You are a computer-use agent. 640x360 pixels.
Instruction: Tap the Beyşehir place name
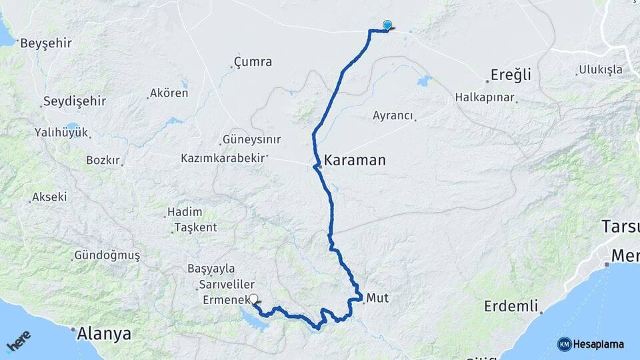point(46,43)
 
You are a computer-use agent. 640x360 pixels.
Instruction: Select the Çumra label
point(253,62)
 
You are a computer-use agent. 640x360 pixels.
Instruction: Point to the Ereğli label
point(511,74)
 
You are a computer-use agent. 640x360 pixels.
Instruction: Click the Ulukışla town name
point(600,69)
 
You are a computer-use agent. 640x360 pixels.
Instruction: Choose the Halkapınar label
point(485,97)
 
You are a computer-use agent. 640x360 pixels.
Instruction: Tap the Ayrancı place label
point(393,115)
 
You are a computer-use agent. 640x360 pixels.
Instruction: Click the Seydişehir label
point(75,101)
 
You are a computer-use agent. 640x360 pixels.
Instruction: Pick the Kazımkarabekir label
point(223,159)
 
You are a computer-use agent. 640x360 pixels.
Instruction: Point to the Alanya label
point(104,333)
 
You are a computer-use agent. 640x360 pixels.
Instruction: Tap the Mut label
point(377,298)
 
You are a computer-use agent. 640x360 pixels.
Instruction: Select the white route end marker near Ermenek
point(253,300)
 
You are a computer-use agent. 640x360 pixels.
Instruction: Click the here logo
point(19,341)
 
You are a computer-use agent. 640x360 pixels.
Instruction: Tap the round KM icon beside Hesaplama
point(564,344)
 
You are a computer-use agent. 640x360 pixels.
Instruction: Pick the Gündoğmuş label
point(107,255)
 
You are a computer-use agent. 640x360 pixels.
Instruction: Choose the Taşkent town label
point(195,227)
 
